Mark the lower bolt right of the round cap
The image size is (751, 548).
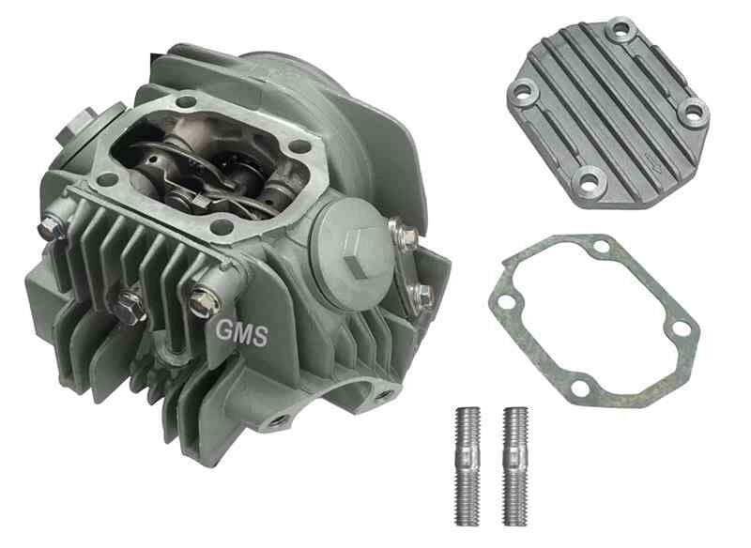[x=420, y=292]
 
